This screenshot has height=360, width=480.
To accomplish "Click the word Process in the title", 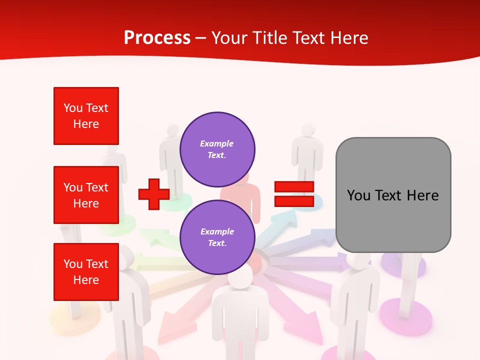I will click(157, 38).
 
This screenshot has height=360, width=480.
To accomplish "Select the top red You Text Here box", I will click(86, 116).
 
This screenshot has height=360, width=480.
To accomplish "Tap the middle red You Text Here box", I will click(86, 195).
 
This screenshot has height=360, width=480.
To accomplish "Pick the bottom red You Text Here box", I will click(86, 272).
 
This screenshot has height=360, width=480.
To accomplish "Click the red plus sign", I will click(153, 194).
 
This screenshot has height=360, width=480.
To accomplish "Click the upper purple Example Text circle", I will click(217, 149).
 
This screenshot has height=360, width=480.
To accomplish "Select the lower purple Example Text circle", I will click(217, 237).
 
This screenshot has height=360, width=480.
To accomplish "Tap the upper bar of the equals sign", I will click(294, 187).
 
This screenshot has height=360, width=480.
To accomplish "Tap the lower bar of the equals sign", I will click(294, 201).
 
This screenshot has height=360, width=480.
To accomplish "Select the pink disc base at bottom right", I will click(406, 318).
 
